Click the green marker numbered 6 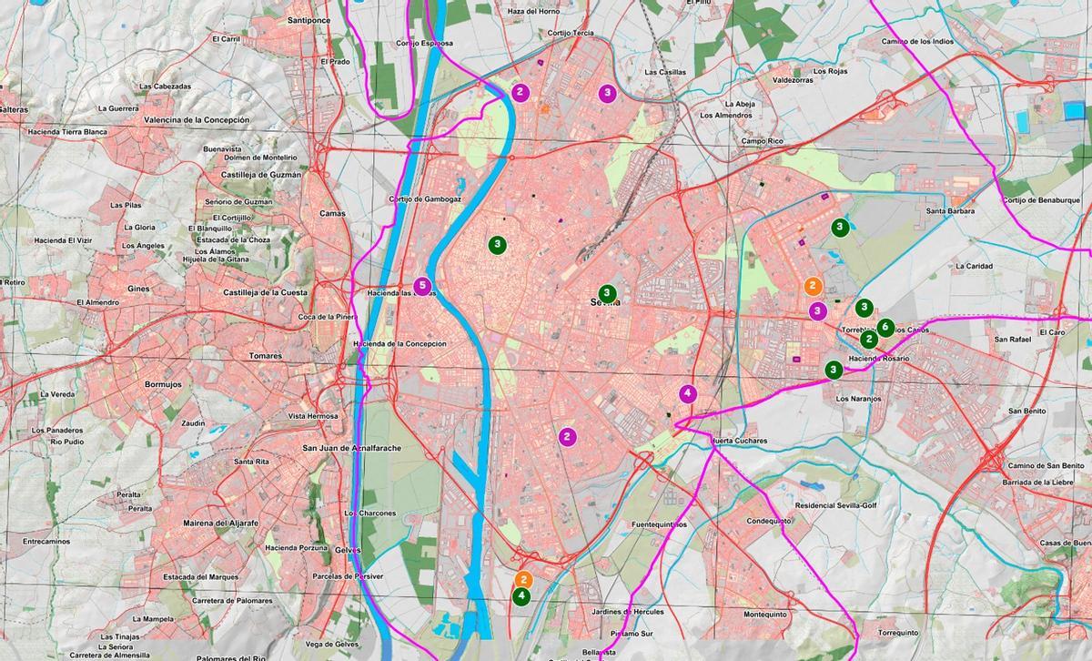[885, 328]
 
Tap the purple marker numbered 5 [421, 286]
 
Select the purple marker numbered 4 [688, 394]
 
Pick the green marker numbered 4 [521, 596]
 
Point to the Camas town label [332, 214]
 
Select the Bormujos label [164, 384]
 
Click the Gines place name [138, 289]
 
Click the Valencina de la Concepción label [197, 120]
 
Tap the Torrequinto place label [898, 633]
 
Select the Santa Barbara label [950, 211]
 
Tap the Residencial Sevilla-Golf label [836, 504]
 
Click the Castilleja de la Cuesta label [265, 293]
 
